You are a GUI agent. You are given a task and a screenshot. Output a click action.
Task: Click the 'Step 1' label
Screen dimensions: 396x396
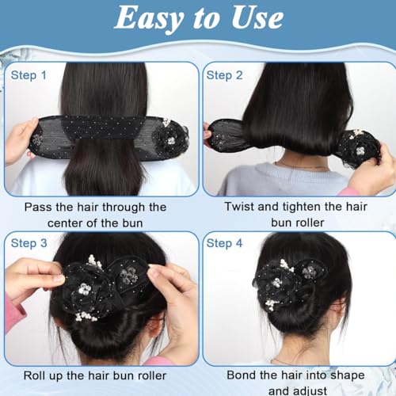tap(29, 75)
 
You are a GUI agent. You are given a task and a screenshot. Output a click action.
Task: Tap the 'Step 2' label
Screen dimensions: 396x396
tap(224, 75)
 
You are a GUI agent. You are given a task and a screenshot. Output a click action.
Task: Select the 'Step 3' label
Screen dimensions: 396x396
tap(29, 243)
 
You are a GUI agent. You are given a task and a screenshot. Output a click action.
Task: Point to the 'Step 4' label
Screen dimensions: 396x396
tap(224, 243)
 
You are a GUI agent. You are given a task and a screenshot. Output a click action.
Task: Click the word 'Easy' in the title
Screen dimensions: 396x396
tap(149, 18)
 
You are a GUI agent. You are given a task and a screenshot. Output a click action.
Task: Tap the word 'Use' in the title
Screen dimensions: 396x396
tap(257, 18)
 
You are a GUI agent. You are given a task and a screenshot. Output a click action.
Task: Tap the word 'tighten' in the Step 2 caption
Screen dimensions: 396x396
tap(302, 207)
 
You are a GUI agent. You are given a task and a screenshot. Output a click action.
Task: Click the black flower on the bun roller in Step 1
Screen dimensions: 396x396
tap(169, 139)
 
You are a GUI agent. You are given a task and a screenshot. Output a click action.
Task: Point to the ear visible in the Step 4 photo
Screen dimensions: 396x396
tap(338, 317)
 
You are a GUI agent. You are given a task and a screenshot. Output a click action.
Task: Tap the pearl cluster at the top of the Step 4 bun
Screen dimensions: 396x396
tap(287, 265)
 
